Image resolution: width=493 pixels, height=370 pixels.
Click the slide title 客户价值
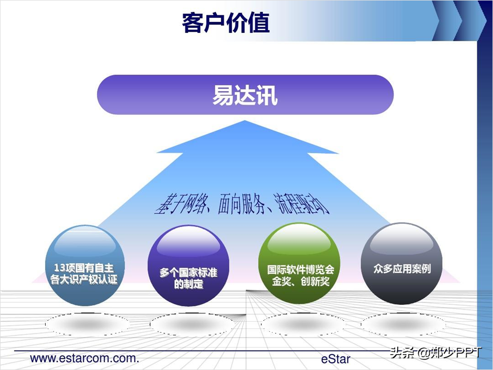pos(225,23)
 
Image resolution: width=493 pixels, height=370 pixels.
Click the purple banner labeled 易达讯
pos(245,95)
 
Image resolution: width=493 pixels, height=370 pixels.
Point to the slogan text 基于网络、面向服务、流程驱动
pos(241,204)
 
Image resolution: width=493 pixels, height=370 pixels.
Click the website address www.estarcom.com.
pos(85,358)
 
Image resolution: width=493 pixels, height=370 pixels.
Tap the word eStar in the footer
pos(336,359)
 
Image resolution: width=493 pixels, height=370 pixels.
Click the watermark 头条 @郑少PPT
pos(436,353)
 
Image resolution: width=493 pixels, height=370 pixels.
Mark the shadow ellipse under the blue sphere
pos(87,324)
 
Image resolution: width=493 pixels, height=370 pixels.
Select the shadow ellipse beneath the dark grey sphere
pos(403,324)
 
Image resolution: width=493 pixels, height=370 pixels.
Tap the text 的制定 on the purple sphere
pos(188,284)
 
